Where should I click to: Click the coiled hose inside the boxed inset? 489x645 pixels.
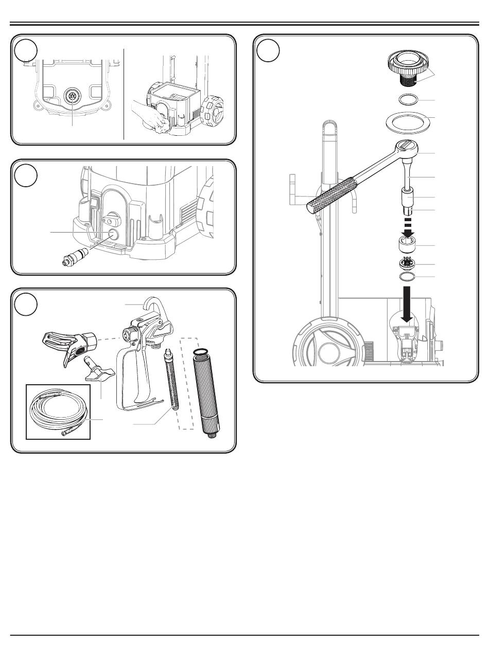coord(58,411)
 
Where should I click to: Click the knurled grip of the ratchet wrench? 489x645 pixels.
coord(331,195)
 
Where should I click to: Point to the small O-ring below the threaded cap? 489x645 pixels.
coord(408,100)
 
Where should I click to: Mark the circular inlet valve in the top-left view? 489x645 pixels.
coord(72,96)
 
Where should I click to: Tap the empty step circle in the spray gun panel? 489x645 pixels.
coord(26,304)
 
